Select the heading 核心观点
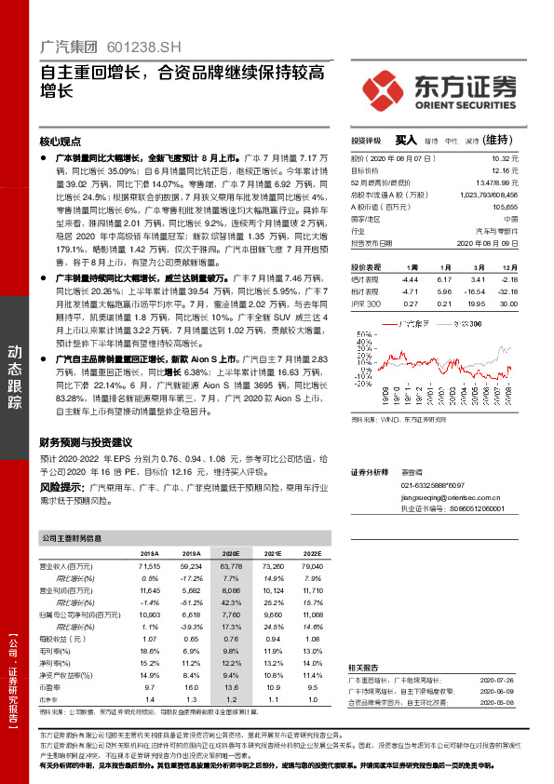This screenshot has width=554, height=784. [x=61, y=142]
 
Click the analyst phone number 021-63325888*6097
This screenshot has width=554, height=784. [x=433, y=486]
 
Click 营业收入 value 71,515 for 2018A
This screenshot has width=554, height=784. [x=149, y=566]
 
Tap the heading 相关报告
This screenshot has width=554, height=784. [x=364, y=669]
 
